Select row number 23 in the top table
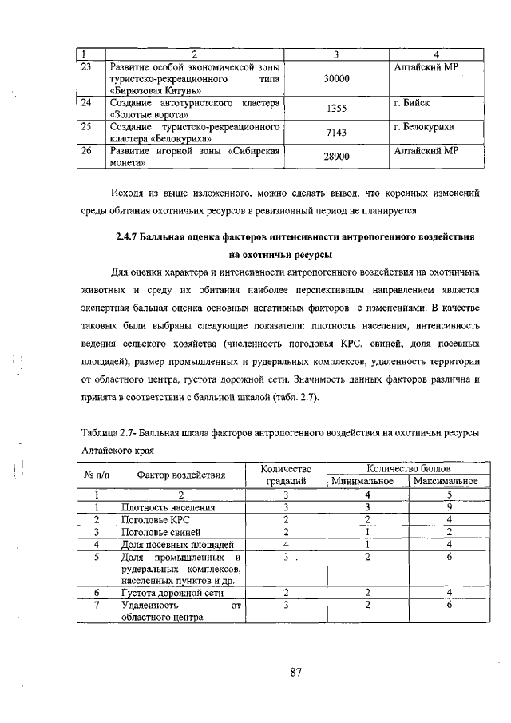pos(87,67)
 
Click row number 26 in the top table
pos(87,150)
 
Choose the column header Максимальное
pos(446,481)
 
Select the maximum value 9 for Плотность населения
pos(450,506)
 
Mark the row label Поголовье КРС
pos(155,518)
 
